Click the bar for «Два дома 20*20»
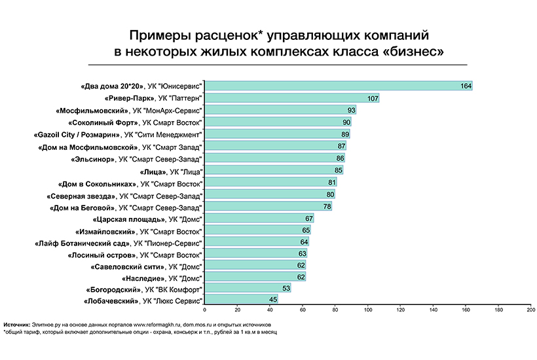tap(338, 86)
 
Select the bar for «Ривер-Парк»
tap(292, 98)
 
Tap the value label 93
tap(351, 110)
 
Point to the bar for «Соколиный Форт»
tap(278, 122)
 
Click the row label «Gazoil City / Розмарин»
tap(117, 134)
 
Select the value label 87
tap(341, 146)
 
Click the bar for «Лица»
tap(274, 170)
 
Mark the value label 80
tap(330, 194)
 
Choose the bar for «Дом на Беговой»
tap(268, 207)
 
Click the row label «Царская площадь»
tap(147, 219)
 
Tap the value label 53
tap(286, 288)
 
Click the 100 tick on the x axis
tap(368, 310)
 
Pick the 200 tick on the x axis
tap(530, 310)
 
